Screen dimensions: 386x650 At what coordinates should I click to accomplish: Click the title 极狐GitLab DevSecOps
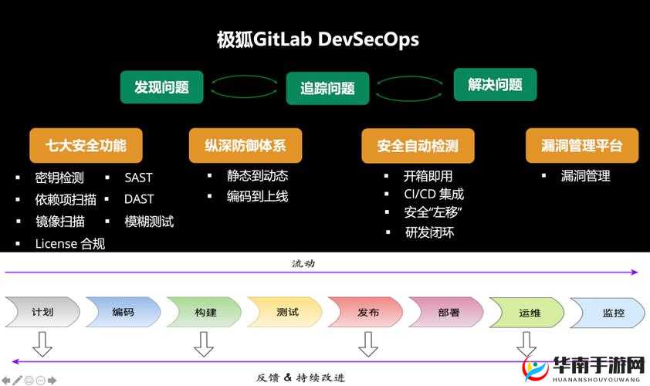pyautogui.click(x=317, y=39)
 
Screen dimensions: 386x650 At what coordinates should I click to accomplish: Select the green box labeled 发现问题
pyautogui.click(x=161, y=86)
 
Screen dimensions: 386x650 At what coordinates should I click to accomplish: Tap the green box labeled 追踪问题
pyautogui.click(x=327, y=88)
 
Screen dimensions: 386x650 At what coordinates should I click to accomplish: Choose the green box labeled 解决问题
pyautogui.click(x=495, y=85)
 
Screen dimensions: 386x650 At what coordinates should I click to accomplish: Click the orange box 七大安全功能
pyautogui.click(x=86, y=145)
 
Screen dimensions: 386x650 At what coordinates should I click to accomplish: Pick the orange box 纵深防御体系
pyautogui.click(x=245, y=145)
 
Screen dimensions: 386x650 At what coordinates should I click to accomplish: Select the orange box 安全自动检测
pyautogui.click(x=418, y=146)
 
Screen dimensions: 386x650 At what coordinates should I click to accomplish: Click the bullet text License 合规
pyautogui.click(x=69, y=244)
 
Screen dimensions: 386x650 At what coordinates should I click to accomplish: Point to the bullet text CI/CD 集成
pyautogui.click(x=434, y=194)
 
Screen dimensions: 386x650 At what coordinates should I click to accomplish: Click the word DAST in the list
pyautogui.click(x=139, y=199)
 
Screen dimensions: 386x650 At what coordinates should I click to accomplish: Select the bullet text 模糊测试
pyautogui.click(x=149, y=222)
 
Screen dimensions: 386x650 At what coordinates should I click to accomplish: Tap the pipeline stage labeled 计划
pyautogui.click(x=42, y=313)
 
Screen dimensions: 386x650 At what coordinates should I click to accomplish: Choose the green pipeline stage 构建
pyautogui.click(x=205, y=313)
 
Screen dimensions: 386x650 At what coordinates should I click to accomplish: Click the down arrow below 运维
pyautogui.click(x=527, y=343)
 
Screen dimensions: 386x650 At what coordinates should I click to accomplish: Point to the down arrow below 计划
pyautogui.click(x=42, y=344)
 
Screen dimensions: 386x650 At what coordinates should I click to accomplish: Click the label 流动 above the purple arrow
pyautogui.click(x=303, y=263)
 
